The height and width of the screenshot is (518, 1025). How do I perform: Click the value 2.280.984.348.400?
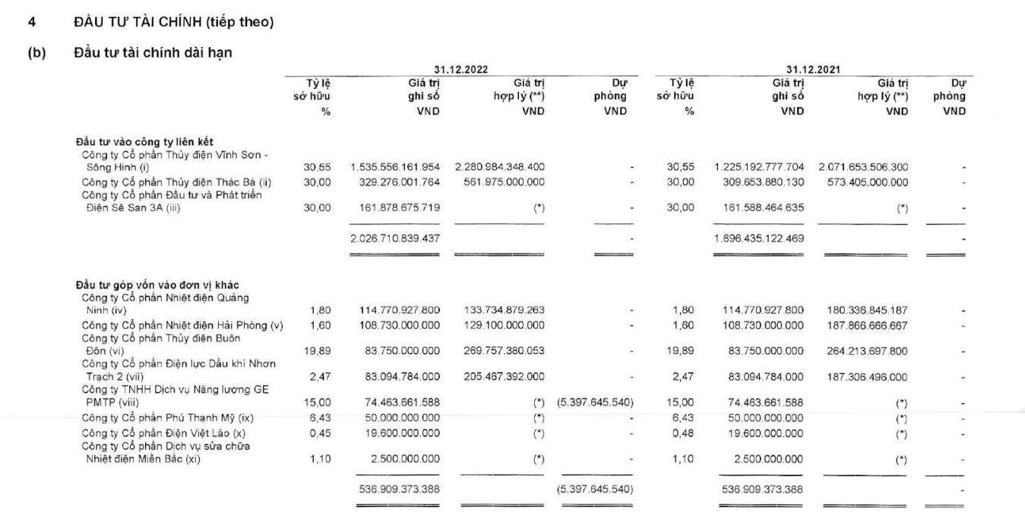coord(499,166)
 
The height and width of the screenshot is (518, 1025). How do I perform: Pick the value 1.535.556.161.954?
coord(395,166)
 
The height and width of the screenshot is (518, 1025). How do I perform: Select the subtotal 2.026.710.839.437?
coord(395,238)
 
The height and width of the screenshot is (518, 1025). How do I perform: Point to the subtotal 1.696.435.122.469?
coord(759,238)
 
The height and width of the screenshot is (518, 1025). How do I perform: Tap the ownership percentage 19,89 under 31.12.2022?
coord(320,351)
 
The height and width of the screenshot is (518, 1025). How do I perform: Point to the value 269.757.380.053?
coord(504,351)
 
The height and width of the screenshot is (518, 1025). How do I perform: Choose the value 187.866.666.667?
coord(868,325)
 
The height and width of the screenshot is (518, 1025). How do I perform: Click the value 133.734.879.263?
coord(504,309)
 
